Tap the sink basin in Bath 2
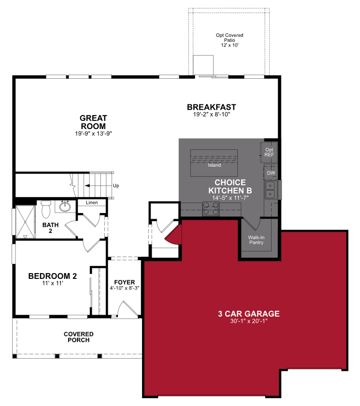pyautogui.click(x=65, y=206)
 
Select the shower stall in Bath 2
pyautogui.click(x=25, y=222)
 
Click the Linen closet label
pyautogui.click(x=92, y=203)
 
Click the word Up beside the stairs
pyautogui.click(x=116, y=186)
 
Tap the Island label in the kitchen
pyautogui.click(x=214, y=165)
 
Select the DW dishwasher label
pyautogui.click(x=271, y=173)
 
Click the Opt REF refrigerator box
pyautogui.click(x=269, y=152)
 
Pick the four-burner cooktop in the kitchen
pyautogui.click(x=211, y=209)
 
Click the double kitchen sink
pyautogui.click(x=271, y=190)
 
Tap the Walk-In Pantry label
pyautogui.click(x=256, y=240)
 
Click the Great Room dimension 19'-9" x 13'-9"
pyautogui.click(x=93, y=133)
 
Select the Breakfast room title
pyautogui.click(x=212, y=107)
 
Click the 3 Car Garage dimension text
pyautogui.click(x=249, y=321)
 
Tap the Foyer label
pyautogui.click(x=125, y=282)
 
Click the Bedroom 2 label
pyautogui.click(x=53, y=276)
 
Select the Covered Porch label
pyautogui.click(x=79, y=337)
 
